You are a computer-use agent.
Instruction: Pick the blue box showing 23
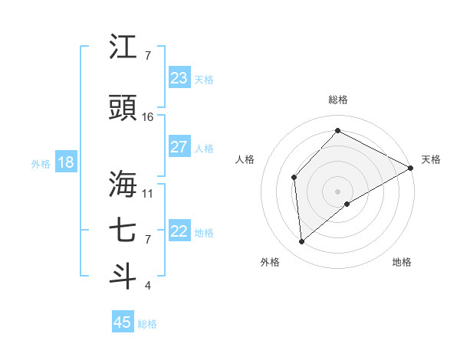179,78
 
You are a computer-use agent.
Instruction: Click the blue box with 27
179,147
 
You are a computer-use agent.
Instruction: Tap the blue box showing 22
179,231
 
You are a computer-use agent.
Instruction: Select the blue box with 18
65,162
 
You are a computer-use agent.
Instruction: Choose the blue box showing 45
123,322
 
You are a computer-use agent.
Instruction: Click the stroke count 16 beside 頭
148,117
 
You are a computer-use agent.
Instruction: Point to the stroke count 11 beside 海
148,193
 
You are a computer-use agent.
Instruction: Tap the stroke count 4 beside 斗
148,286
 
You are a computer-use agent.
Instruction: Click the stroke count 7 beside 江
148,56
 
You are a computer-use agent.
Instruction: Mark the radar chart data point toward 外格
302,241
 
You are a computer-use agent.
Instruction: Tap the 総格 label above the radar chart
337,100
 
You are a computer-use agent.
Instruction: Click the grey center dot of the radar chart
337,190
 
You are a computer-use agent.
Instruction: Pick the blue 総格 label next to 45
147,324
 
